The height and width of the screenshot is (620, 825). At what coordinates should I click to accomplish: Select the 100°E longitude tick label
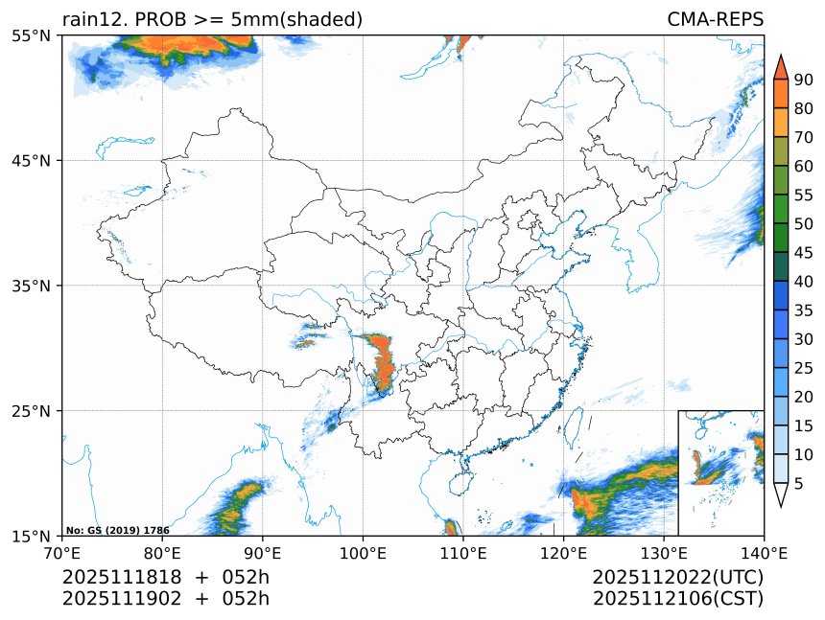363,552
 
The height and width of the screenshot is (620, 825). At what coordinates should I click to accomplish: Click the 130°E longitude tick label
664,552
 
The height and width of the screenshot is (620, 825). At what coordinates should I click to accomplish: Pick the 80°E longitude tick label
162,552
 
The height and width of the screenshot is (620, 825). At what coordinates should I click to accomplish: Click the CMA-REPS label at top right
715,20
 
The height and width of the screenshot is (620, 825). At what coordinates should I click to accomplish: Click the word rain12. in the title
95,20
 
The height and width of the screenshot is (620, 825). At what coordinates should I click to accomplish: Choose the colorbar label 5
799,485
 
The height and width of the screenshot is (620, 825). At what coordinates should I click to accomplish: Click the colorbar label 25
804,368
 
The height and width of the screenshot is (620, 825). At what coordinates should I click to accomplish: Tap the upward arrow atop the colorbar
780,66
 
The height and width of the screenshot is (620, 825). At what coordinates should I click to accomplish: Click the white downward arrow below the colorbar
780,494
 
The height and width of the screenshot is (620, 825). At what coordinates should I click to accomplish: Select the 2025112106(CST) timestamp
677,599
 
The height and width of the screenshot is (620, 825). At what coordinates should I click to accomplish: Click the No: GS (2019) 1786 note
117,530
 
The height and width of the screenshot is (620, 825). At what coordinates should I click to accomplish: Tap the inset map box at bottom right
720,472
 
